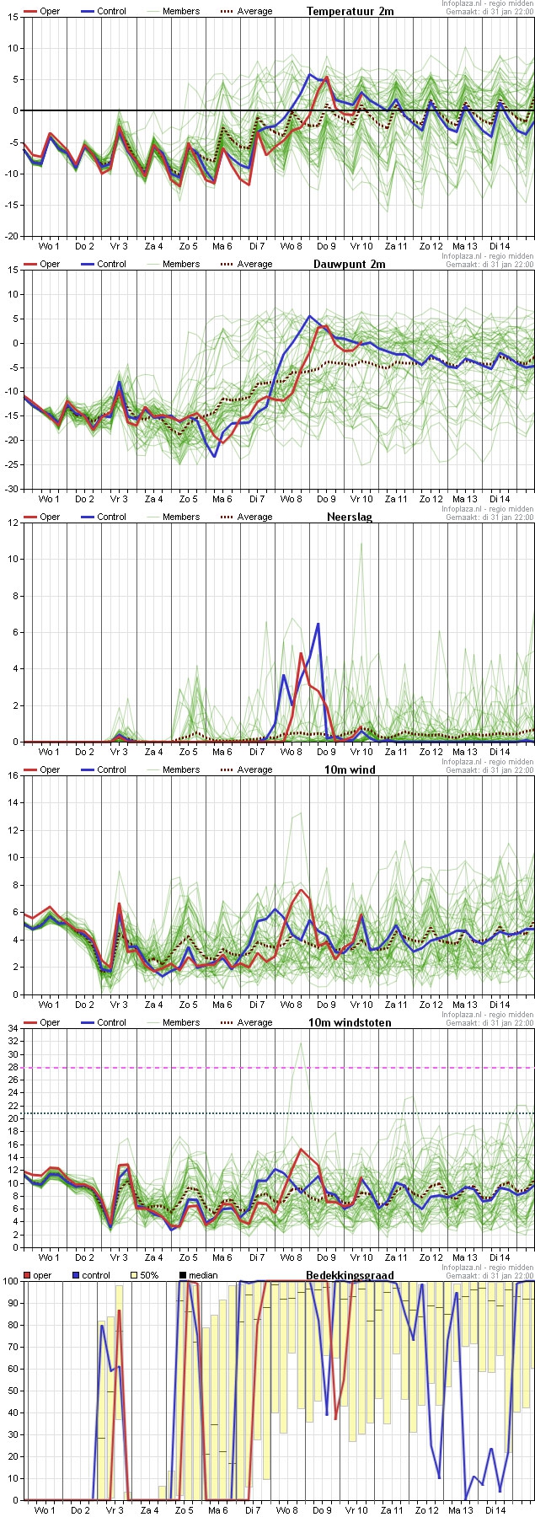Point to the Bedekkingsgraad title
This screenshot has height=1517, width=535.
point(350,1275)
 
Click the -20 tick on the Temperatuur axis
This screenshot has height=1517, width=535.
point(10,236)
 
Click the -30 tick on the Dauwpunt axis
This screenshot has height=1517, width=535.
point(10,489)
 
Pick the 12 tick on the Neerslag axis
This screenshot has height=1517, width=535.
point(13,523)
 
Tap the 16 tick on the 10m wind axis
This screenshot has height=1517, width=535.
point(13,775)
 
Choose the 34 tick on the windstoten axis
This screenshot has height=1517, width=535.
point(13,1028)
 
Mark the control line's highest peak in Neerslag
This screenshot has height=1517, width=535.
point(318,624)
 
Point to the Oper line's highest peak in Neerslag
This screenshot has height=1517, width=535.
point(301,653)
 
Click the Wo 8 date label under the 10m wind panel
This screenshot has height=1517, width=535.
point(292,1005)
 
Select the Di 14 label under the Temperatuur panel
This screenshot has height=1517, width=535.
point(500,246)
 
